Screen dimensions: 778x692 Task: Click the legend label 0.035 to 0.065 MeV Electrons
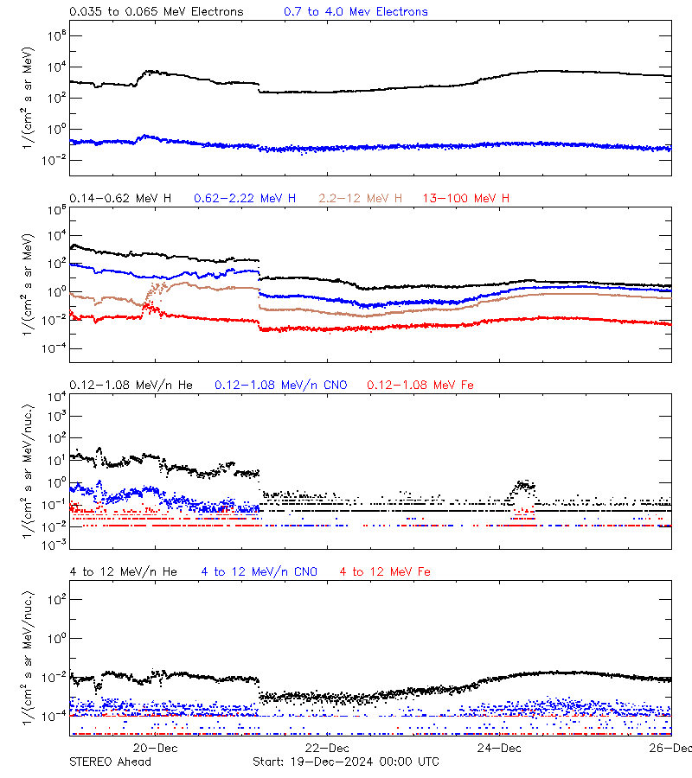(x=156, y=12)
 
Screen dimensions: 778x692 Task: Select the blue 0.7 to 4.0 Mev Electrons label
(x=356, y=12)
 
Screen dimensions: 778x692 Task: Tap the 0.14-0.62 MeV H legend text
(x=120, y=199)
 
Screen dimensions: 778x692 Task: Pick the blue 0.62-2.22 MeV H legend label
(x=246, y=199)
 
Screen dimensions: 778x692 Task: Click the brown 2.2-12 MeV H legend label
(x=361, y=199)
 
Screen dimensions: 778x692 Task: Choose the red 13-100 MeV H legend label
(x=466, y=199)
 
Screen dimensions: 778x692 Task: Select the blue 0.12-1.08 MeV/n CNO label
(x=281, y=385)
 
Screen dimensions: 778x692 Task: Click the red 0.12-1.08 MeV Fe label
(x=420, y=385)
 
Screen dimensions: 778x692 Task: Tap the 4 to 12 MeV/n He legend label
(x=123, y=572)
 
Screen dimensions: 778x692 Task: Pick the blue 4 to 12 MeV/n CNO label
(x=259, y=572)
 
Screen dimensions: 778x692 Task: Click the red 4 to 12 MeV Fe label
(x=386, y=572)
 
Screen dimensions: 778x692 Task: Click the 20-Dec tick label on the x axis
(x=156, y=748)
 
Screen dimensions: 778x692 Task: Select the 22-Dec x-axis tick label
(x=328, y=748)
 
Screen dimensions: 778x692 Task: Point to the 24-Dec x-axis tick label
(x=500, y=748)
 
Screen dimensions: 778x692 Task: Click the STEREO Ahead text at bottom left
(x=110, y=762)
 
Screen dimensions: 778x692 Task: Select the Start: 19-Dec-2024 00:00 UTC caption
(x=345, y=762)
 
